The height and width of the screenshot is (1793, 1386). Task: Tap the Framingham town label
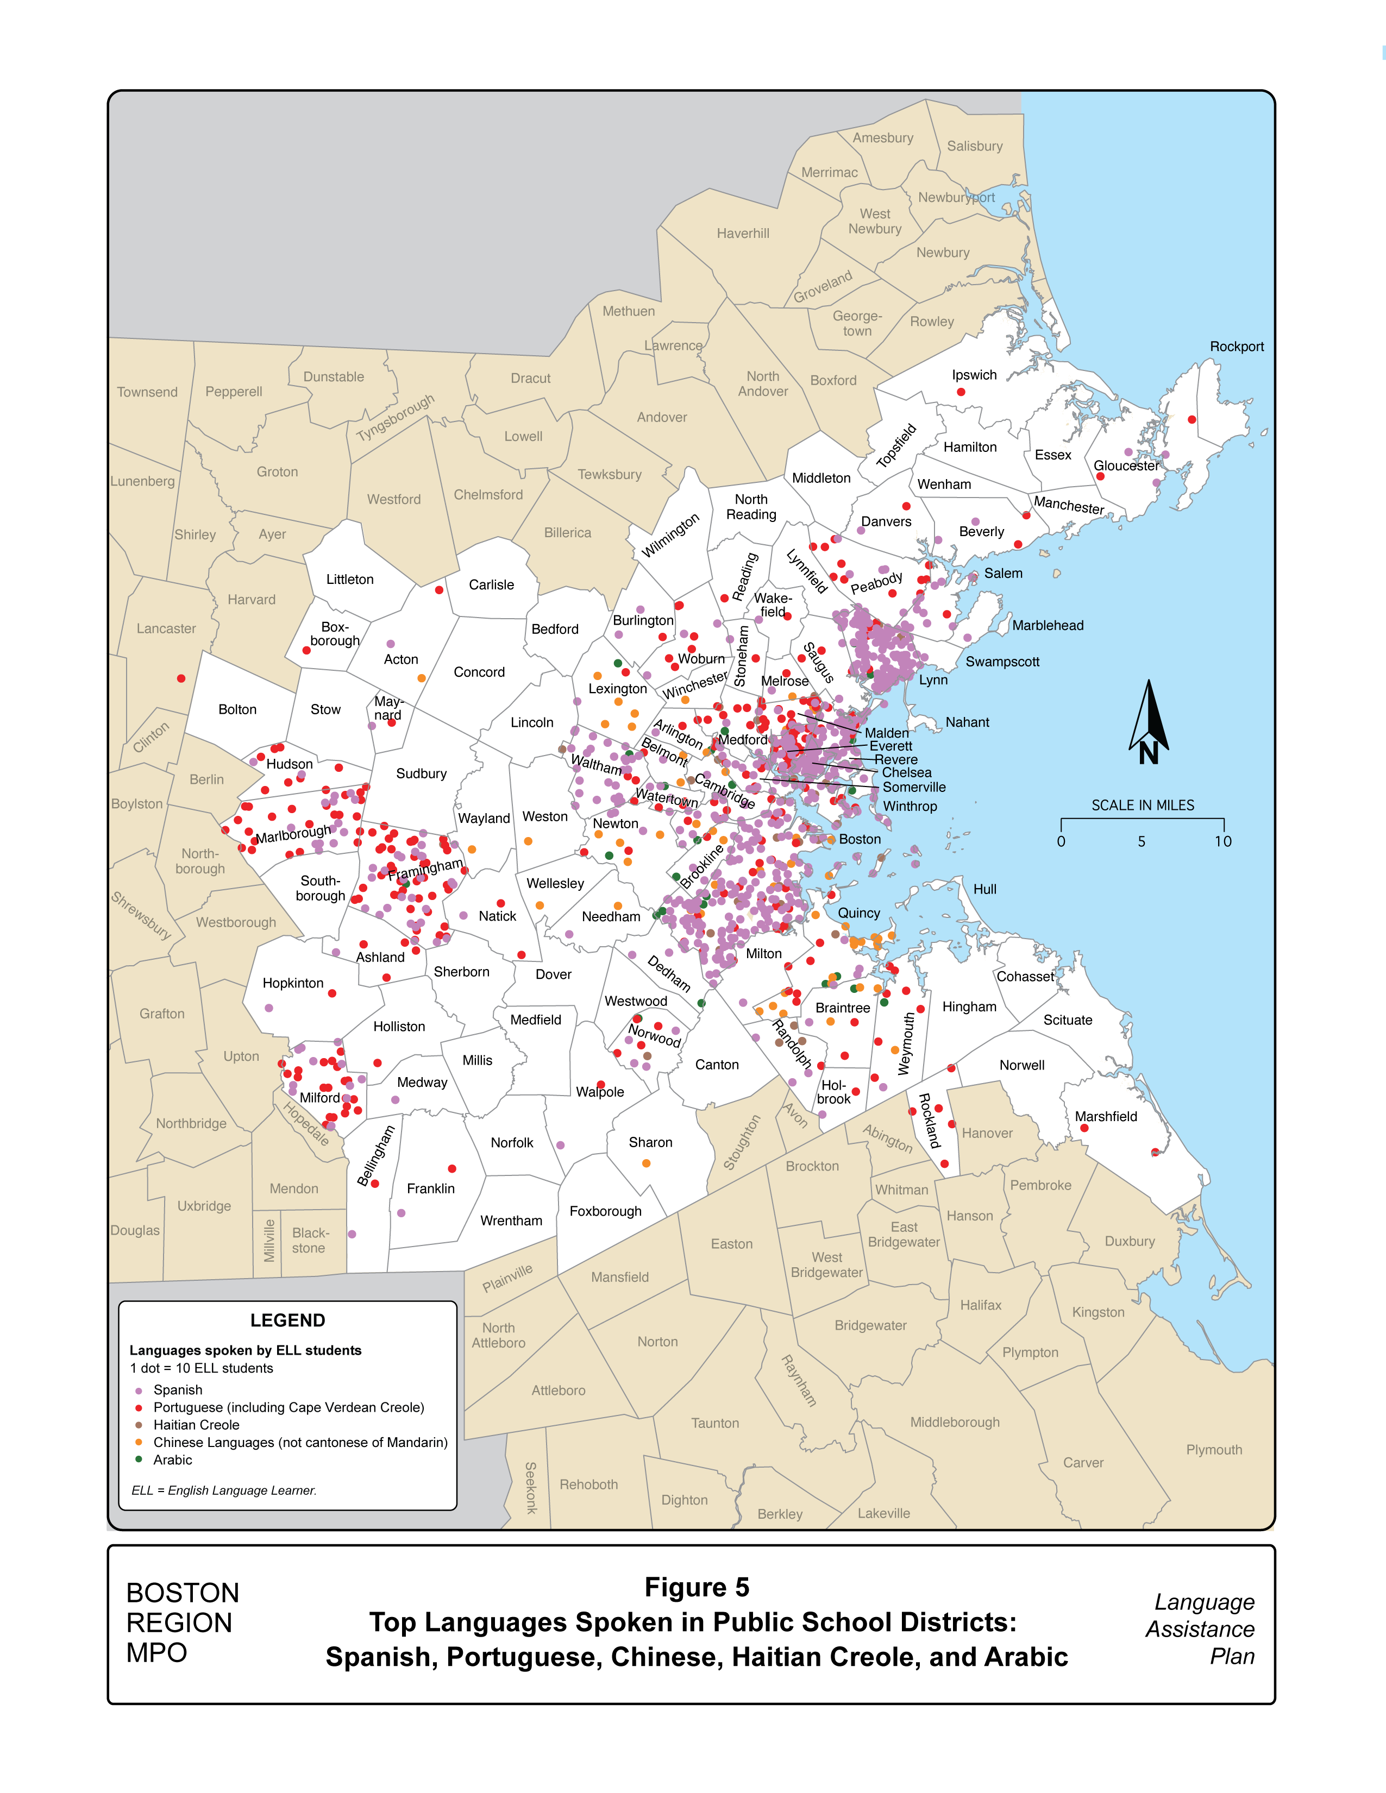(425, 870)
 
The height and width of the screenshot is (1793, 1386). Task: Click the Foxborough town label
(605, 1211)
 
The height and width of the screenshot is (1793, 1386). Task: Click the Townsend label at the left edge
(147, 392)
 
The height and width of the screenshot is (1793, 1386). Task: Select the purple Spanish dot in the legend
(139, 1391)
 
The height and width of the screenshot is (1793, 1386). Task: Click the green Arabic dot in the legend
(139, 1459)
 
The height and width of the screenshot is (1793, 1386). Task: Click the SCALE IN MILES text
(1142, 806)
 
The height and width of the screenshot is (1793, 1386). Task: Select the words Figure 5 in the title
(697, 1588)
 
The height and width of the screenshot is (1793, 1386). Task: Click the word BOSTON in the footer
(182, 1594)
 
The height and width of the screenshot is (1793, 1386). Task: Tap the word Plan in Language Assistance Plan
(1232, 1657)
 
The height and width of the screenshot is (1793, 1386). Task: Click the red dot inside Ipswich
(961, 392)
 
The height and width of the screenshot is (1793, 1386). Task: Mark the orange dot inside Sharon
(646, 1163)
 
